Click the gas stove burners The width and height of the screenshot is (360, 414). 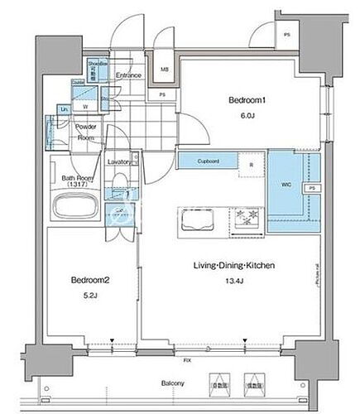[x=247, y=219]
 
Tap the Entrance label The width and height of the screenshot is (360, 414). [x=127, y=76]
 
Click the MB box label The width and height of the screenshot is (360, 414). [x=165, y=70]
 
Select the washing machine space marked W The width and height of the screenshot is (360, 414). [x=86, y=105]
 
